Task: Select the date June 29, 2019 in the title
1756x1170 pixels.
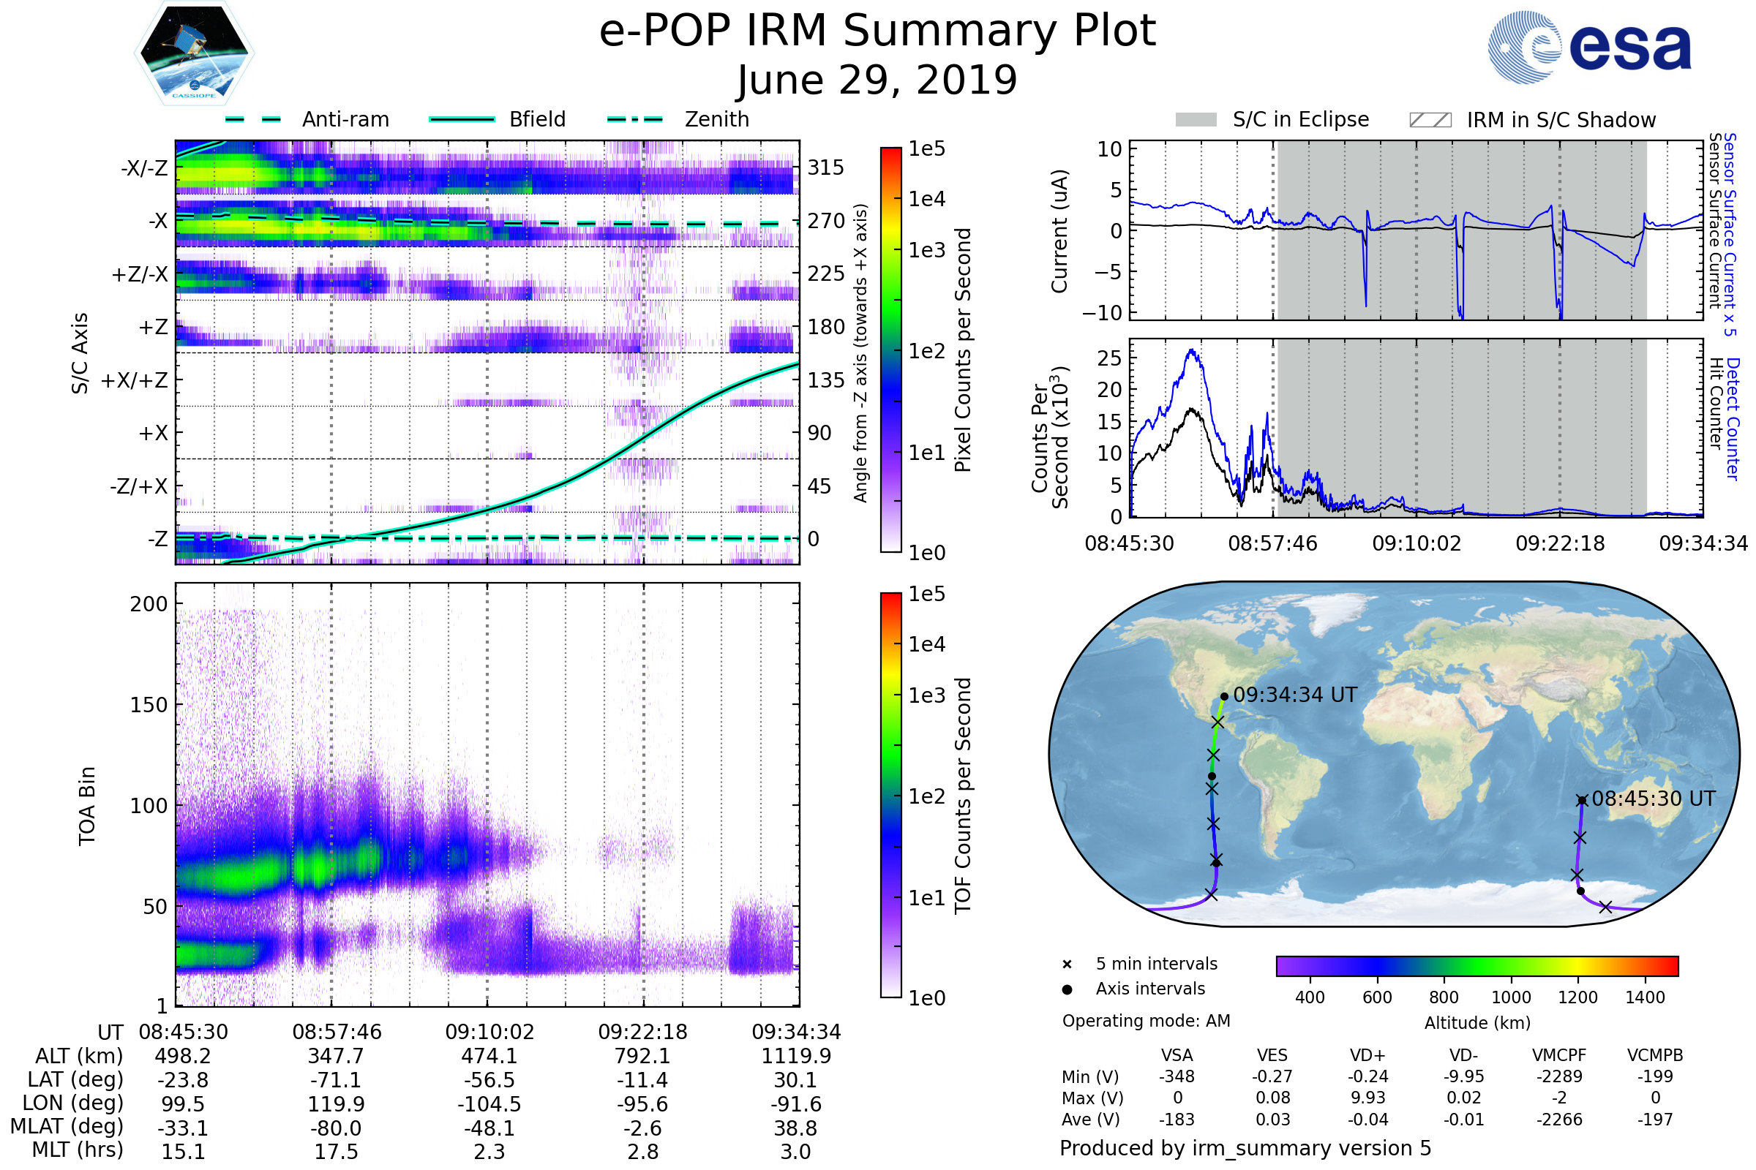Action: tap(877, 80)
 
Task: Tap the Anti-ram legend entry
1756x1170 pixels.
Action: tap(345, 119)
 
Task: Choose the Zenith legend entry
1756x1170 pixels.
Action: tap(716, 119)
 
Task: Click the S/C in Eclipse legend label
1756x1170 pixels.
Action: tap(1300, 119)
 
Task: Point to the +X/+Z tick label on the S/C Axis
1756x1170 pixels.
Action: tap(135, 380)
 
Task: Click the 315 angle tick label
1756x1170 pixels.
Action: tap(825, 167)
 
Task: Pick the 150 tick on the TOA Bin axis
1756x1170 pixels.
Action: tap(149, 705)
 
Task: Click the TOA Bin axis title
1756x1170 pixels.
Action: tap(87, 805)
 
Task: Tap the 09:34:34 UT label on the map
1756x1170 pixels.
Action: tap(1294, 695)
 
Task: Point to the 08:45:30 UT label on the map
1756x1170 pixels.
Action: tap(1653, 799)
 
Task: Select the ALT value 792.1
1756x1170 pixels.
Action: tap(642, 1056)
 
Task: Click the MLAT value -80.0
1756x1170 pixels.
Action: tap(336, 1128)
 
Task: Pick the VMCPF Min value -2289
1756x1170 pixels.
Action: tap(1559, 1076)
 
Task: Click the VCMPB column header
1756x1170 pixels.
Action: tap(1654, 1055)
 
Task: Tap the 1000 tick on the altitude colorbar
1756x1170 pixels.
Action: tap(1510, 997)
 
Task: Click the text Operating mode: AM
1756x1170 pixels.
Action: tap(1145, 1021)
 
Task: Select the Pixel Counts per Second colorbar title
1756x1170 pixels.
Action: tap(963, 350)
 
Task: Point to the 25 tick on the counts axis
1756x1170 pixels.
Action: tap(1109, 358)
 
